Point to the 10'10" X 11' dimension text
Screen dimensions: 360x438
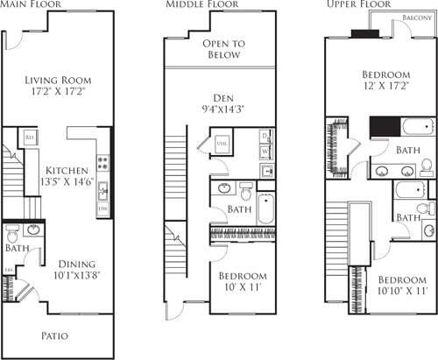pyautogui.click(x=391, y=291)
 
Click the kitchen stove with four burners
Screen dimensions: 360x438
pyautogui.click(x=102, y=162)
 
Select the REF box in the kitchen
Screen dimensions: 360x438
pyautogui.click(x=29, y=138)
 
